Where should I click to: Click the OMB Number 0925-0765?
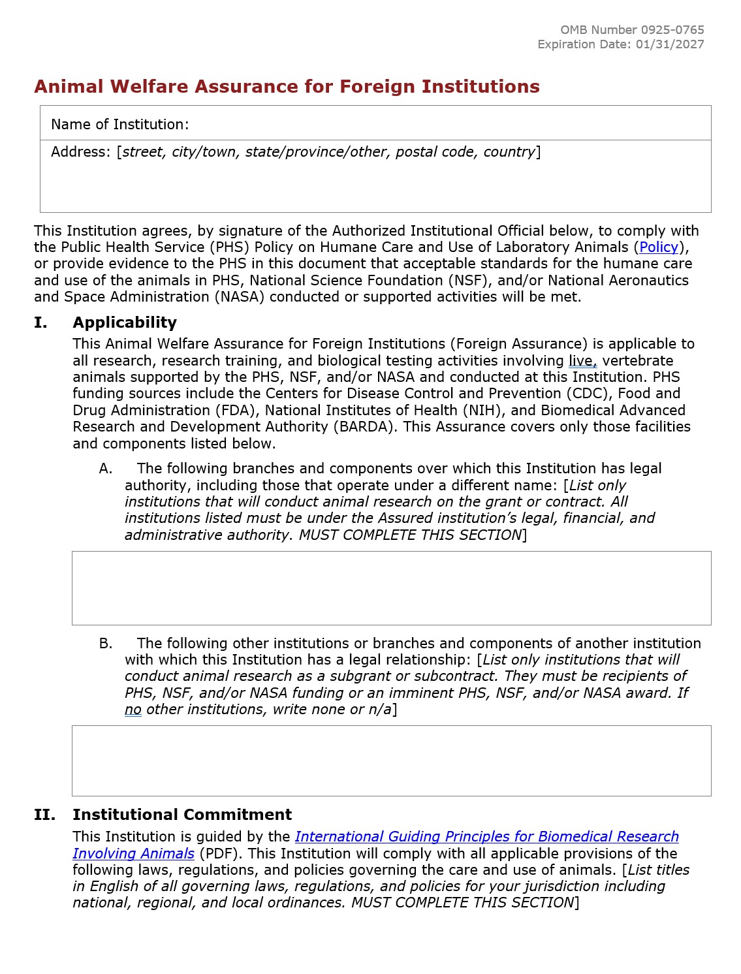pyautogui.click(x=632, y=30)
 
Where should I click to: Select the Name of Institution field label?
pyautogui.click(x=120, y=125)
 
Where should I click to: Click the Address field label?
pyautogui.click(x=81, y=152)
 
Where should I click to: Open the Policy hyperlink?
pyautogui.click(x=659, y=247)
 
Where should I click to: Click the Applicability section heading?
pyautogui.click(x=125, y=322)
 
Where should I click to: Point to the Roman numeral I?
pyautogui.click(x=40, y=322)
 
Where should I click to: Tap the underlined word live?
pyautogui.click(x=582, y=361)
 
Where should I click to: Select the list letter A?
pyautogui.click(x=106, y=469)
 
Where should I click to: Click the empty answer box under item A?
pyautogui.click(x=391, y=588)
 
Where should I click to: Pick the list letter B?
pyautogui.click(x=106, y=644)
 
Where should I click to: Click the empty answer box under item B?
pyautogui.click(x=391, y=761)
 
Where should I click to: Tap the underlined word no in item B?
pyautogui.click(x=133, y=710)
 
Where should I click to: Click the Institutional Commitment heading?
pyautogui.click(x=182, y=815)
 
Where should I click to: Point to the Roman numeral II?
pyautogui.click(x=44, y=815)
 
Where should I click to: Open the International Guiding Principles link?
pyautogui.click(x=486, y=837)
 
